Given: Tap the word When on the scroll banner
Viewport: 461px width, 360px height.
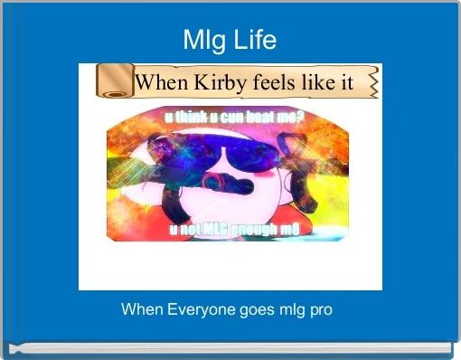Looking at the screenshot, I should (162, 82).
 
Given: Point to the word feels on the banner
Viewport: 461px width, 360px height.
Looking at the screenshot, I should (276, 82).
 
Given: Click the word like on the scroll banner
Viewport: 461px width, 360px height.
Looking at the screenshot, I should (321, 82).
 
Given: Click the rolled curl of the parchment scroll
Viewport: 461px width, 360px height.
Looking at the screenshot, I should (114, 82).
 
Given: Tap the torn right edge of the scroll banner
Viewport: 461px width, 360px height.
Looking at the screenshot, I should (372, 82).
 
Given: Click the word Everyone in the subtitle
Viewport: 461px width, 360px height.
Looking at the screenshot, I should (197, 309).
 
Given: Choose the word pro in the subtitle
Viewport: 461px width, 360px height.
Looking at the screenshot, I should (320, 309).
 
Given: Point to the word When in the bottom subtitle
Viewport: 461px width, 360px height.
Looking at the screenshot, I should (140, 309).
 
